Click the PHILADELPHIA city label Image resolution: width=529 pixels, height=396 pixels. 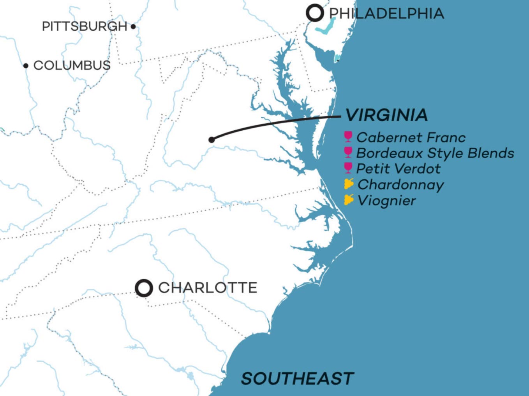tap(386, 14)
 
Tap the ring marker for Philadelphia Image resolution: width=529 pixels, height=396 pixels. tap(315, 13)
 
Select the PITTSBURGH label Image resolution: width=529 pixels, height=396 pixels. tap(85, 26)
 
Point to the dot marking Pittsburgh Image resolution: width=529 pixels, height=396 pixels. tap(133, 26)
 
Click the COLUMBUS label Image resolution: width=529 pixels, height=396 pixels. tap(72, 65)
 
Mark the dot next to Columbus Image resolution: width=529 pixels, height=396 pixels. tap(26, 65)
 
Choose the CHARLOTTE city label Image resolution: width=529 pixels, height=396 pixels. tap(208, 288)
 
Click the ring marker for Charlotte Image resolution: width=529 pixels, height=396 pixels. tap(144, 288)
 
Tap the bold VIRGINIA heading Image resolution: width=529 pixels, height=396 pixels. tap(386, 115)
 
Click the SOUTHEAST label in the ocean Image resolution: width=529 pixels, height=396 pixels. tap(297, 378)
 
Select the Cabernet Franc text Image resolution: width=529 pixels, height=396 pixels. tap(411, 137)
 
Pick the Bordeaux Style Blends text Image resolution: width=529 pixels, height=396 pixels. tap(435, 153)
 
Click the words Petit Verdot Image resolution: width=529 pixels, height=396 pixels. tap(399, 169)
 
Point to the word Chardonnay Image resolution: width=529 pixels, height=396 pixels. tap(401, 185)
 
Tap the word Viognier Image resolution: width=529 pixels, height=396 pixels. tap(387, 201)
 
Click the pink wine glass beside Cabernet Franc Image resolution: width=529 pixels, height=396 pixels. tap(348, 137)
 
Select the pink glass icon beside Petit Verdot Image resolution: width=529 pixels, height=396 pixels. tap(348, 168)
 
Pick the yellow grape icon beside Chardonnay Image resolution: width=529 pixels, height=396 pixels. tap(349, 184)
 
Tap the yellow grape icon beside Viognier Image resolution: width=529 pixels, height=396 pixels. tap(349, 200)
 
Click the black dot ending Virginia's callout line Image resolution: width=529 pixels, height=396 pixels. tap(212, 140)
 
